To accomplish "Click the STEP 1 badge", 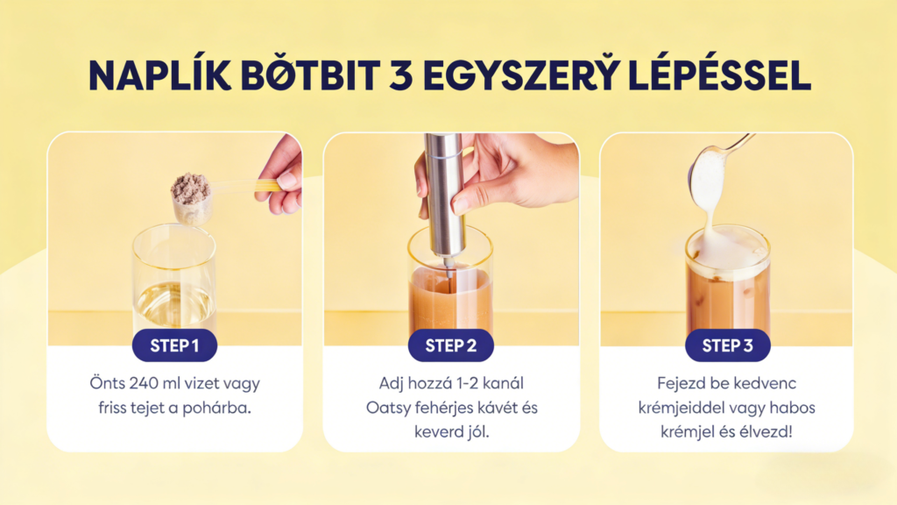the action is tap(174, 345).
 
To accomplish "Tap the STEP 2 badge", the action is tap(451, 345).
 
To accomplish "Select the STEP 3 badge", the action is tap(728, 345).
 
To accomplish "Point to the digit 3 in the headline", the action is tap(400, 75).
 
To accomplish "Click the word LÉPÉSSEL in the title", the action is tap(720, 75).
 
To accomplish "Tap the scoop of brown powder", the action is tap(192, 197).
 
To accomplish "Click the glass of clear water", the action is tap(174, 281).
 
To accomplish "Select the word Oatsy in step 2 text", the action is tap(388, 409).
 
